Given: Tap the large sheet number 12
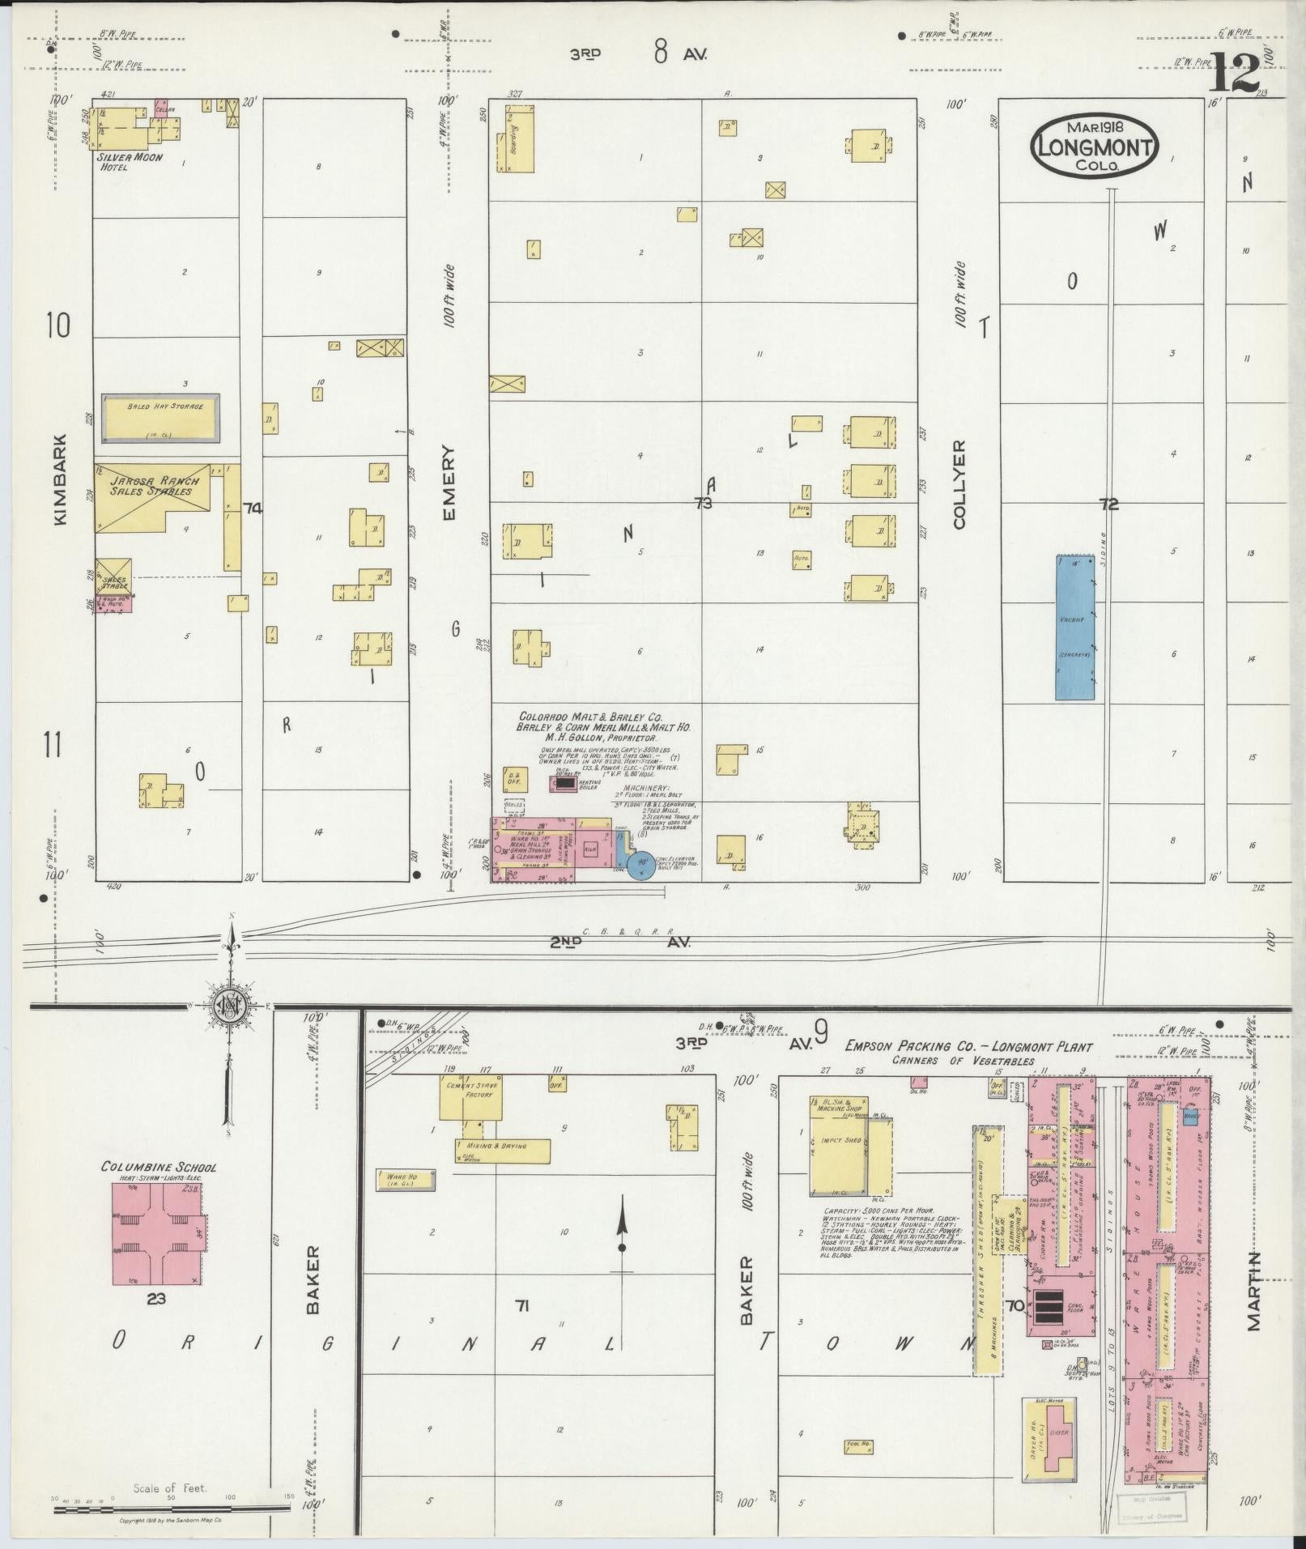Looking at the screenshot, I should pos(1236,73).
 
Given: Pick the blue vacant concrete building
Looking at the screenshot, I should pos(1074,627).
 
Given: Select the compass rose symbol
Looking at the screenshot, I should pos(232,1005).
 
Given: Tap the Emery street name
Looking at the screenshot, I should pos(450,483).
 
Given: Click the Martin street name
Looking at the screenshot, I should pos(1253,1301).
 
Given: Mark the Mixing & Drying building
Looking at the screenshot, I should pos(503,1150).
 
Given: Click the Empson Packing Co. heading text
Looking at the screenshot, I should pos(968,1046).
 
